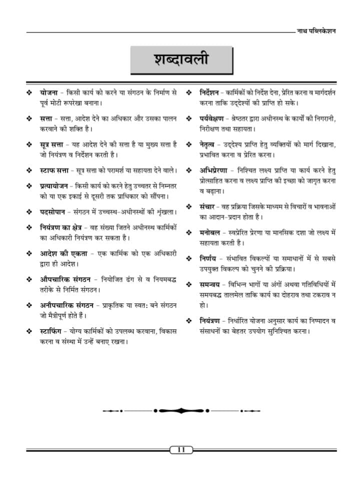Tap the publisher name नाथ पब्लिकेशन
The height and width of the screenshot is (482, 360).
click(x=316, y=30)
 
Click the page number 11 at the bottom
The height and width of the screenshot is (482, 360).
click(x=181, y=450)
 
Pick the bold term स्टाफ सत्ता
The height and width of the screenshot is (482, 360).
click(x=54, y=171)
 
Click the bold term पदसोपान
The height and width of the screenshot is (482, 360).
click(x=52, y=212)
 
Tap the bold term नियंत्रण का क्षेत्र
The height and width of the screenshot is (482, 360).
click(x=63, y=227)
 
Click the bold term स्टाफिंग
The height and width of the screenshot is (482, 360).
click(x=53, y=331)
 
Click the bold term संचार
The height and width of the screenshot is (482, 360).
click(x=207, y=206)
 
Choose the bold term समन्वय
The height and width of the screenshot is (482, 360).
click(x=210, y=284)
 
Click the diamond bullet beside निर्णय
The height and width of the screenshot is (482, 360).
click(x=189, y=258)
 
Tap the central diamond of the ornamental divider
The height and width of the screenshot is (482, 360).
click(x=181, y=410)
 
